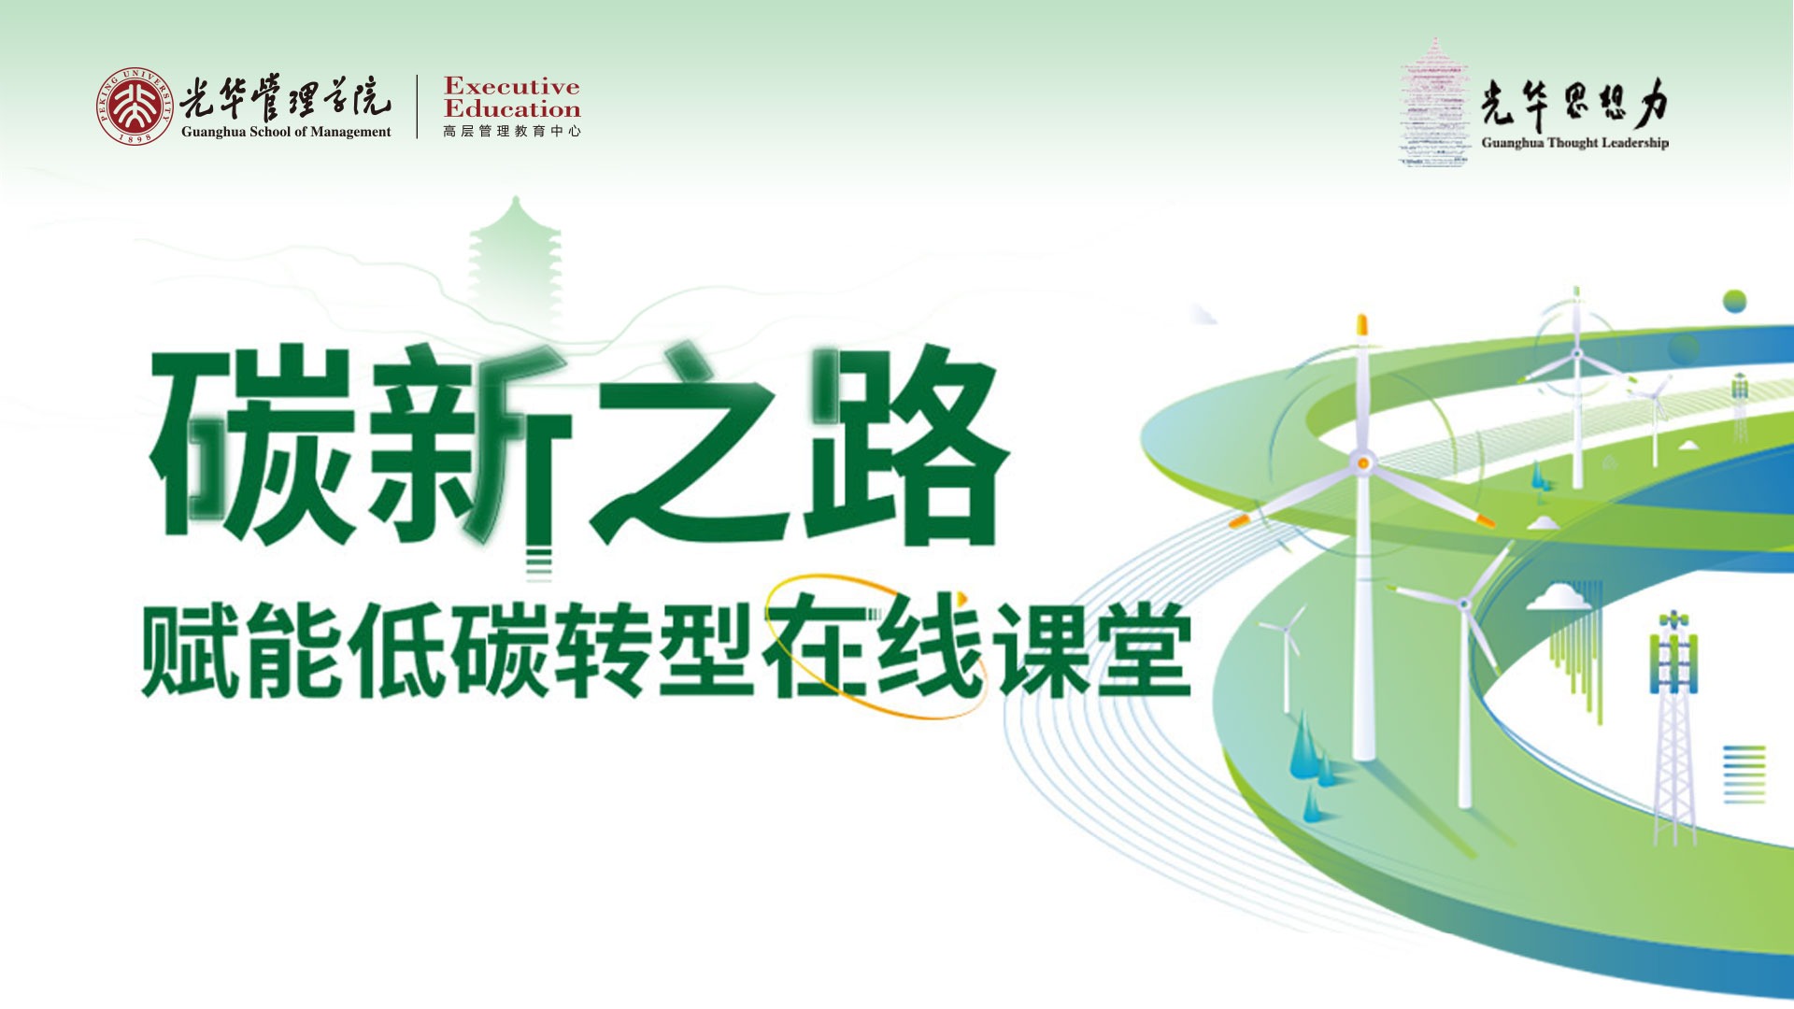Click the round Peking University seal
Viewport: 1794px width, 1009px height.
[x=135, y=107]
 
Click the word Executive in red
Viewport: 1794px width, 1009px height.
[x=512, y=87]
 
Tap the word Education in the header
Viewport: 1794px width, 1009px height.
[x=512, y=109]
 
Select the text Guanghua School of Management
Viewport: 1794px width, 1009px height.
[x=286, y=132]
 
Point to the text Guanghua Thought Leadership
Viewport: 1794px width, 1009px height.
[x=1574, y=143]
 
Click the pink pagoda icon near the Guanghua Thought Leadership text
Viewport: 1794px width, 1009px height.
[x=1434, y=103]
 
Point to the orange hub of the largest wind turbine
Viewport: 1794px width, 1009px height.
[x=1363, y=462]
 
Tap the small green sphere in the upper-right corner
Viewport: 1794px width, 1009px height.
[x=1734, y=301]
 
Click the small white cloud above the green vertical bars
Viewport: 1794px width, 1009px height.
[x=1559, y=596]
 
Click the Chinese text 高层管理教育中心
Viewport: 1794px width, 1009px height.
[x=512, y=132]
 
